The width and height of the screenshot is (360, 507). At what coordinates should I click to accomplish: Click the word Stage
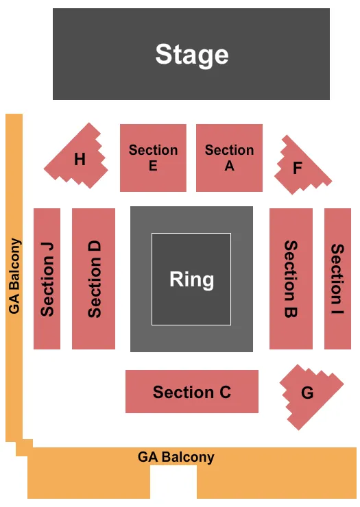click(192, 54)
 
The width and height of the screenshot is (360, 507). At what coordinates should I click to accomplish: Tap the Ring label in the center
click(192, 280)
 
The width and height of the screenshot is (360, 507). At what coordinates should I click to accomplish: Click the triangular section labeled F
click(299, 164)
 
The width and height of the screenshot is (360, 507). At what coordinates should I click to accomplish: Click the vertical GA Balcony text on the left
click(14, 276)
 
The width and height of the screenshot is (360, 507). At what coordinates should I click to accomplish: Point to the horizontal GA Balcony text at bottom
click(176, 457)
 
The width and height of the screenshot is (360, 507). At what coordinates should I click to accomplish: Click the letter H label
click(80, 160)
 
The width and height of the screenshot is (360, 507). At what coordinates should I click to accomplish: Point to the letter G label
click(307, 393)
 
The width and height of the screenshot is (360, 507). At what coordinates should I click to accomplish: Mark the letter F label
click(298, 167)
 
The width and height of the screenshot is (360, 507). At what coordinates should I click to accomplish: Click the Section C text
click(192, 392)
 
